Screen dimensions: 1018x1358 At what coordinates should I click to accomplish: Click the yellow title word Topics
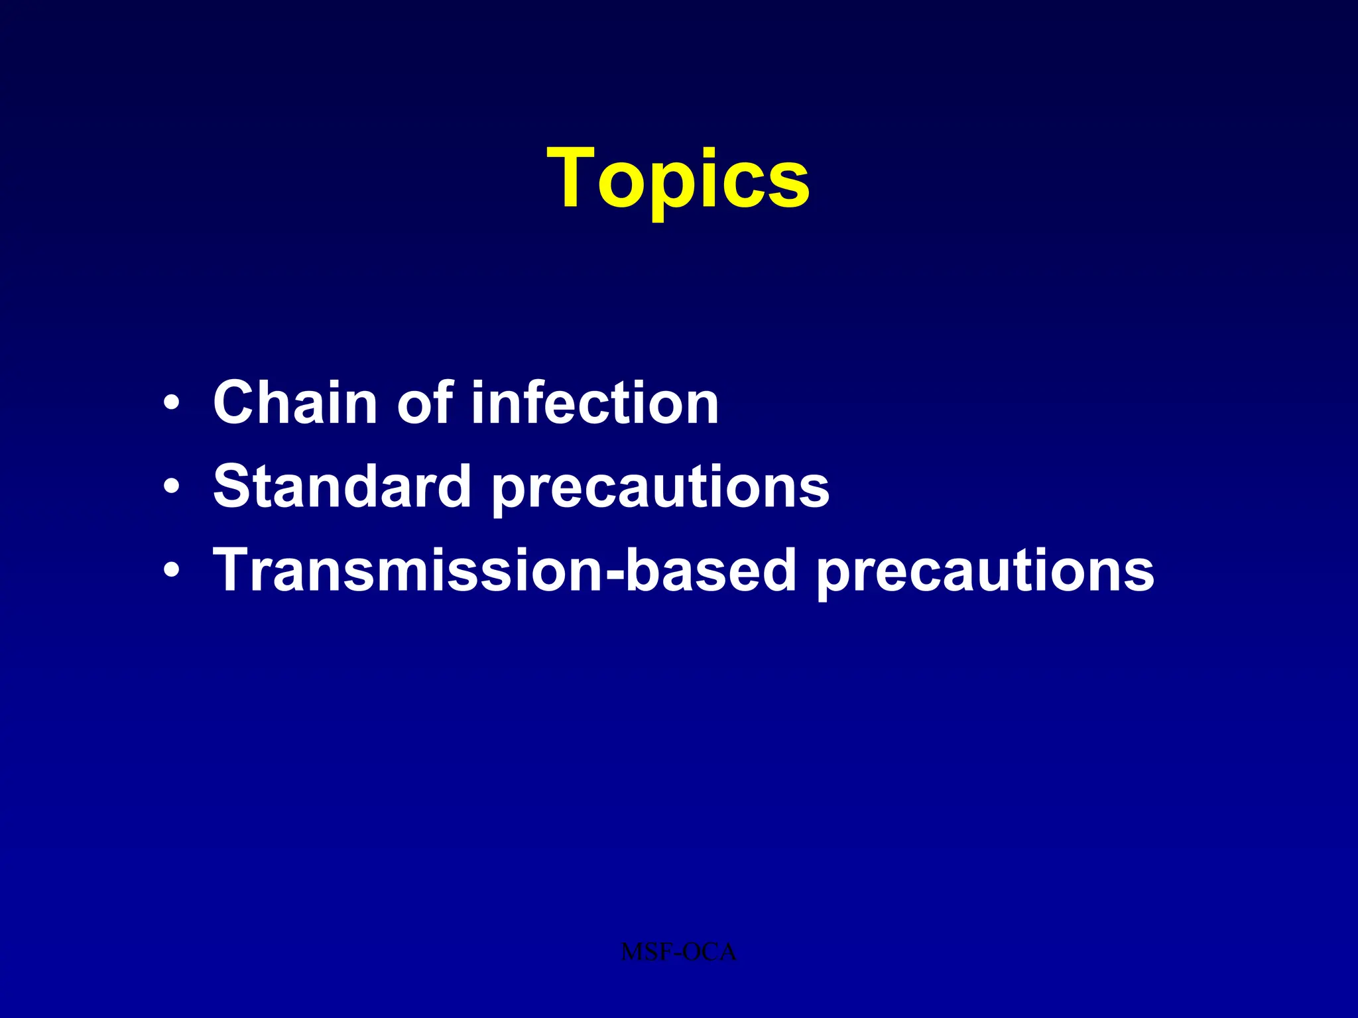(x=678, y=179)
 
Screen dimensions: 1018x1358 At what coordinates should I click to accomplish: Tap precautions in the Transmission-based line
(x=985, y=574)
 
